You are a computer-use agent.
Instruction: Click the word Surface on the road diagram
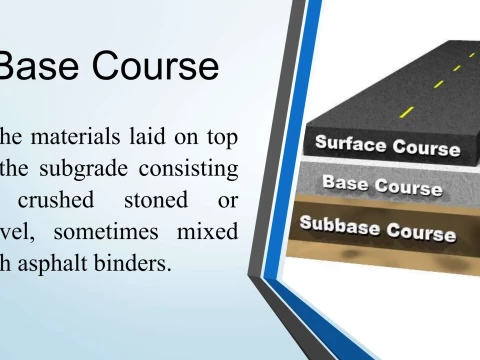pos(350,141)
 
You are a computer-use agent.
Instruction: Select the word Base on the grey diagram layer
pos(346,183)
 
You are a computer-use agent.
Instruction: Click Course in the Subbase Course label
pos(421,233)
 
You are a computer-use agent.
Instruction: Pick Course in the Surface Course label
pos(426,148)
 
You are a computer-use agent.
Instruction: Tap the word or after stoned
pos(227,200)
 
